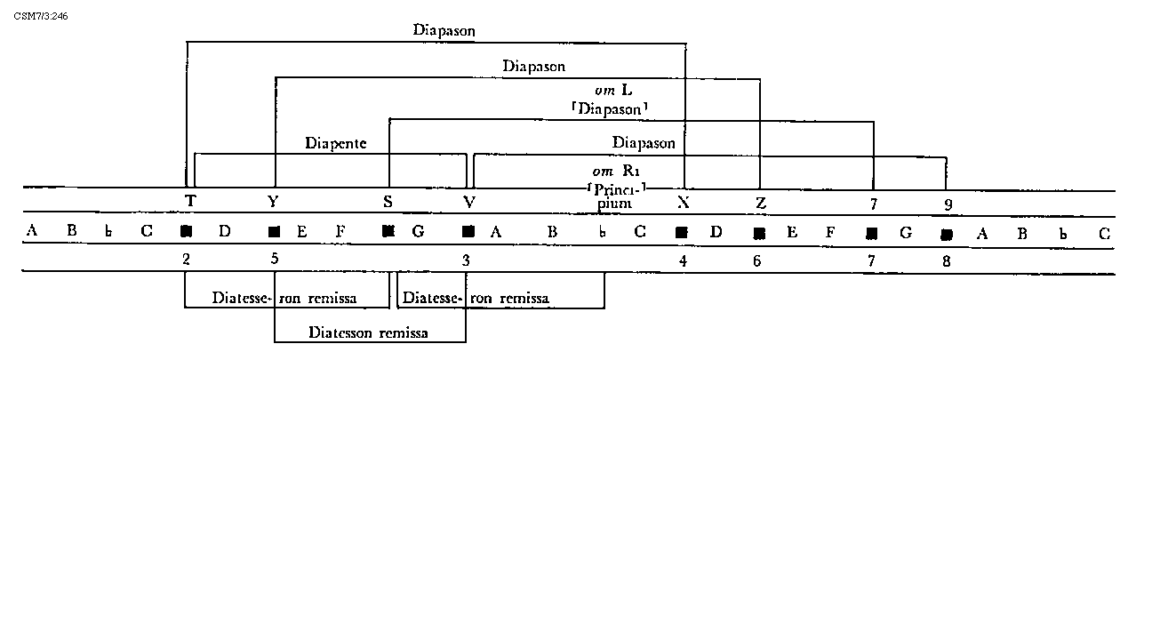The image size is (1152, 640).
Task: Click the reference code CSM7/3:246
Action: (41, 17)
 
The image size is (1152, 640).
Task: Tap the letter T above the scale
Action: (189, 201)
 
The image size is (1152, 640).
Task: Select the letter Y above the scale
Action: (273, 201)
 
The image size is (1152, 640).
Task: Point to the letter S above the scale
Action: (388, 202)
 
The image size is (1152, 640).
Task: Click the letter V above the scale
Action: (469, 202)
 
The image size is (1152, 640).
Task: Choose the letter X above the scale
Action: (683, 202)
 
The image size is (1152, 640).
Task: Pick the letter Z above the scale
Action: (761, 203)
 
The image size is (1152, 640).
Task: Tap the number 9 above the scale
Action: (948, 204)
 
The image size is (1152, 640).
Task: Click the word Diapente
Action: (335, 142)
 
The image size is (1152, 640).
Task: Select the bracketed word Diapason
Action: (609, 109)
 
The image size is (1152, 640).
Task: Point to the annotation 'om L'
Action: (613, 91)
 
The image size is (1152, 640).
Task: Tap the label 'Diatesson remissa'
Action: (368, 332)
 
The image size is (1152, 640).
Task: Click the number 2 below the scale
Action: (186, 260)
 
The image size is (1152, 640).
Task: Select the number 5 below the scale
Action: (274, 259)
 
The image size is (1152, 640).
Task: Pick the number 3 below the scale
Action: (466, 260)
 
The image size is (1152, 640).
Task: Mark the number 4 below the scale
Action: (683, 261)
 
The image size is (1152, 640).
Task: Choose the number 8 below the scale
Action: (947, 261)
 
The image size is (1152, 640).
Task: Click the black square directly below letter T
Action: (186, 232)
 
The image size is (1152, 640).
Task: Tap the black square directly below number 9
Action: (947, 235)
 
